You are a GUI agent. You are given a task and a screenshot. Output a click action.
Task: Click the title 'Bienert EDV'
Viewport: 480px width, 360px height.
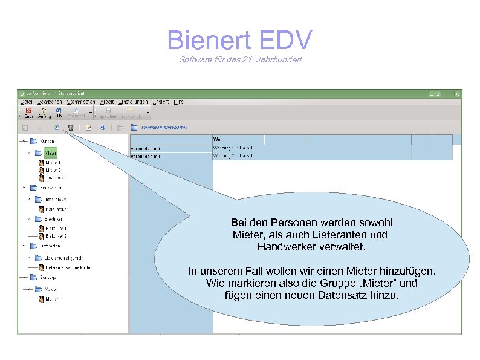[x=239, y=41]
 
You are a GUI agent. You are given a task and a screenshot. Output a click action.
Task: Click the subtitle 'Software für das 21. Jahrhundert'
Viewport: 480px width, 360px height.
[x=240, y=59]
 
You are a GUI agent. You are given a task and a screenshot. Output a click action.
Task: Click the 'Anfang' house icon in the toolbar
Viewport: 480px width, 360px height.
[x=44, y=113]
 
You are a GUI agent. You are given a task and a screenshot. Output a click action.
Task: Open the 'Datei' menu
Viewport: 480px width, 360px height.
[x=27, y=102]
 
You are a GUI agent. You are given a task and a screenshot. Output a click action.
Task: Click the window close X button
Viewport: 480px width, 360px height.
[x=457, y=94]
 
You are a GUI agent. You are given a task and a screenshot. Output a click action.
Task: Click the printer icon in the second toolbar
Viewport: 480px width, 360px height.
[x=102, y=128]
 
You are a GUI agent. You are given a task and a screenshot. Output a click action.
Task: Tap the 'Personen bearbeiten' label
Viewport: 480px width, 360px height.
[x=164, y=128]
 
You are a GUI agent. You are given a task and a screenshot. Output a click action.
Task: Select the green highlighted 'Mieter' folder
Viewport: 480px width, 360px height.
[x=51, y=154]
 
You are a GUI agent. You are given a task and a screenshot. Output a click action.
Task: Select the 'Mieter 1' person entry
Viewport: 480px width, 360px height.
[x=53, y=163]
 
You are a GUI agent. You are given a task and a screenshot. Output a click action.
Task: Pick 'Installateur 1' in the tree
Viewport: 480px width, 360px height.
[x=59, y=208]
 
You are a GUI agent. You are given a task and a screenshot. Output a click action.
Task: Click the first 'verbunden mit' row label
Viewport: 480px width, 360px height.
[x=145, y=148]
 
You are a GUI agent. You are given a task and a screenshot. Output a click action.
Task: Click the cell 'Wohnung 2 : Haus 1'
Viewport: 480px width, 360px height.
[x=233, y=156]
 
